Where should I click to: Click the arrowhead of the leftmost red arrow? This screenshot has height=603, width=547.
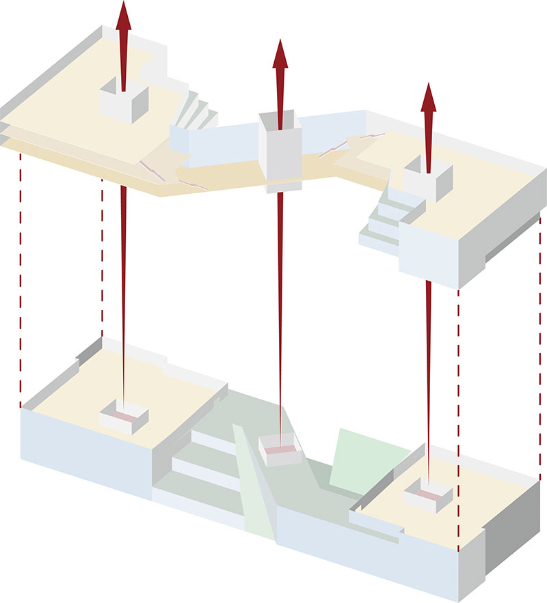tap(123, 15)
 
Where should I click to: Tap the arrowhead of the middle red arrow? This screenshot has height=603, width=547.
tap(280, 55)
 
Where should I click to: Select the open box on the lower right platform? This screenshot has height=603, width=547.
tap(428, 495)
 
